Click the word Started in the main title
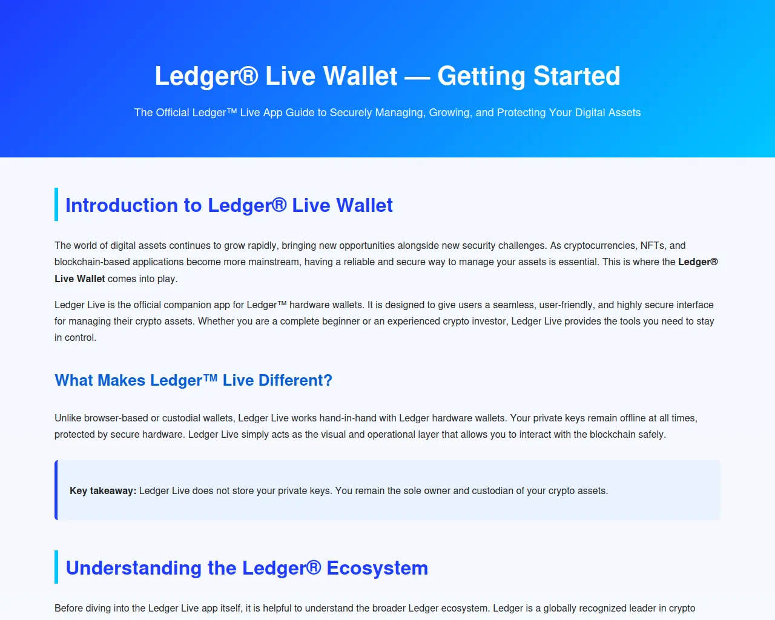576,76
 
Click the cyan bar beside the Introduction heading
56,204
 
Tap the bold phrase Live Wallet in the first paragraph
79,279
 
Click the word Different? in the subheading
295,380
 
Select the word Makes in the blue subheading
121,380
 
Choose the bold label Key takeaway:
103,490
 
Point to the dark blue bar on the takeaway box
56,490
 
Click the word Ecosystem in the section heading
377,568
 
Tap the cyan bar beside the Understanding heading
56,567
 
